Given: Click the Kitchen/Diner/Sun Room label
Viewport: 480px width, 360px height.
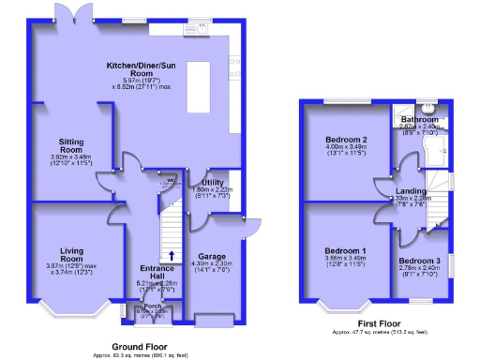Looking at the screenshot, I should pos(142,67).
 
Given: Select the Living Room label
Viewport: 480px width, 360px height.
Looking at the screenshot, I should pos(72,251).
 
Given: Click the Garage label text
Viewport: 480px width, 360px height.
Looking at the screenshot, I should pos(211,256).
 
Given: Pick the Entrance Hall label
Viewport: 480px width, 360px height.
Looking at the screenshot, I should pos(156,269).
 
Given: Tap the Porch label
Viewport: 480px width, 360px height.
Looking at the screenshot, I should pos(153,307).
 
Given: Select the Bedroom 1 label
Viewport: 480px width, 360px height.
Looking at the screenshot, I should pos(345,251).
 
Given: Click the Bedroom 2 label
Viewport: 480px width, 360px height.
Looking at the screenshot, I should pos(345,141).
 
